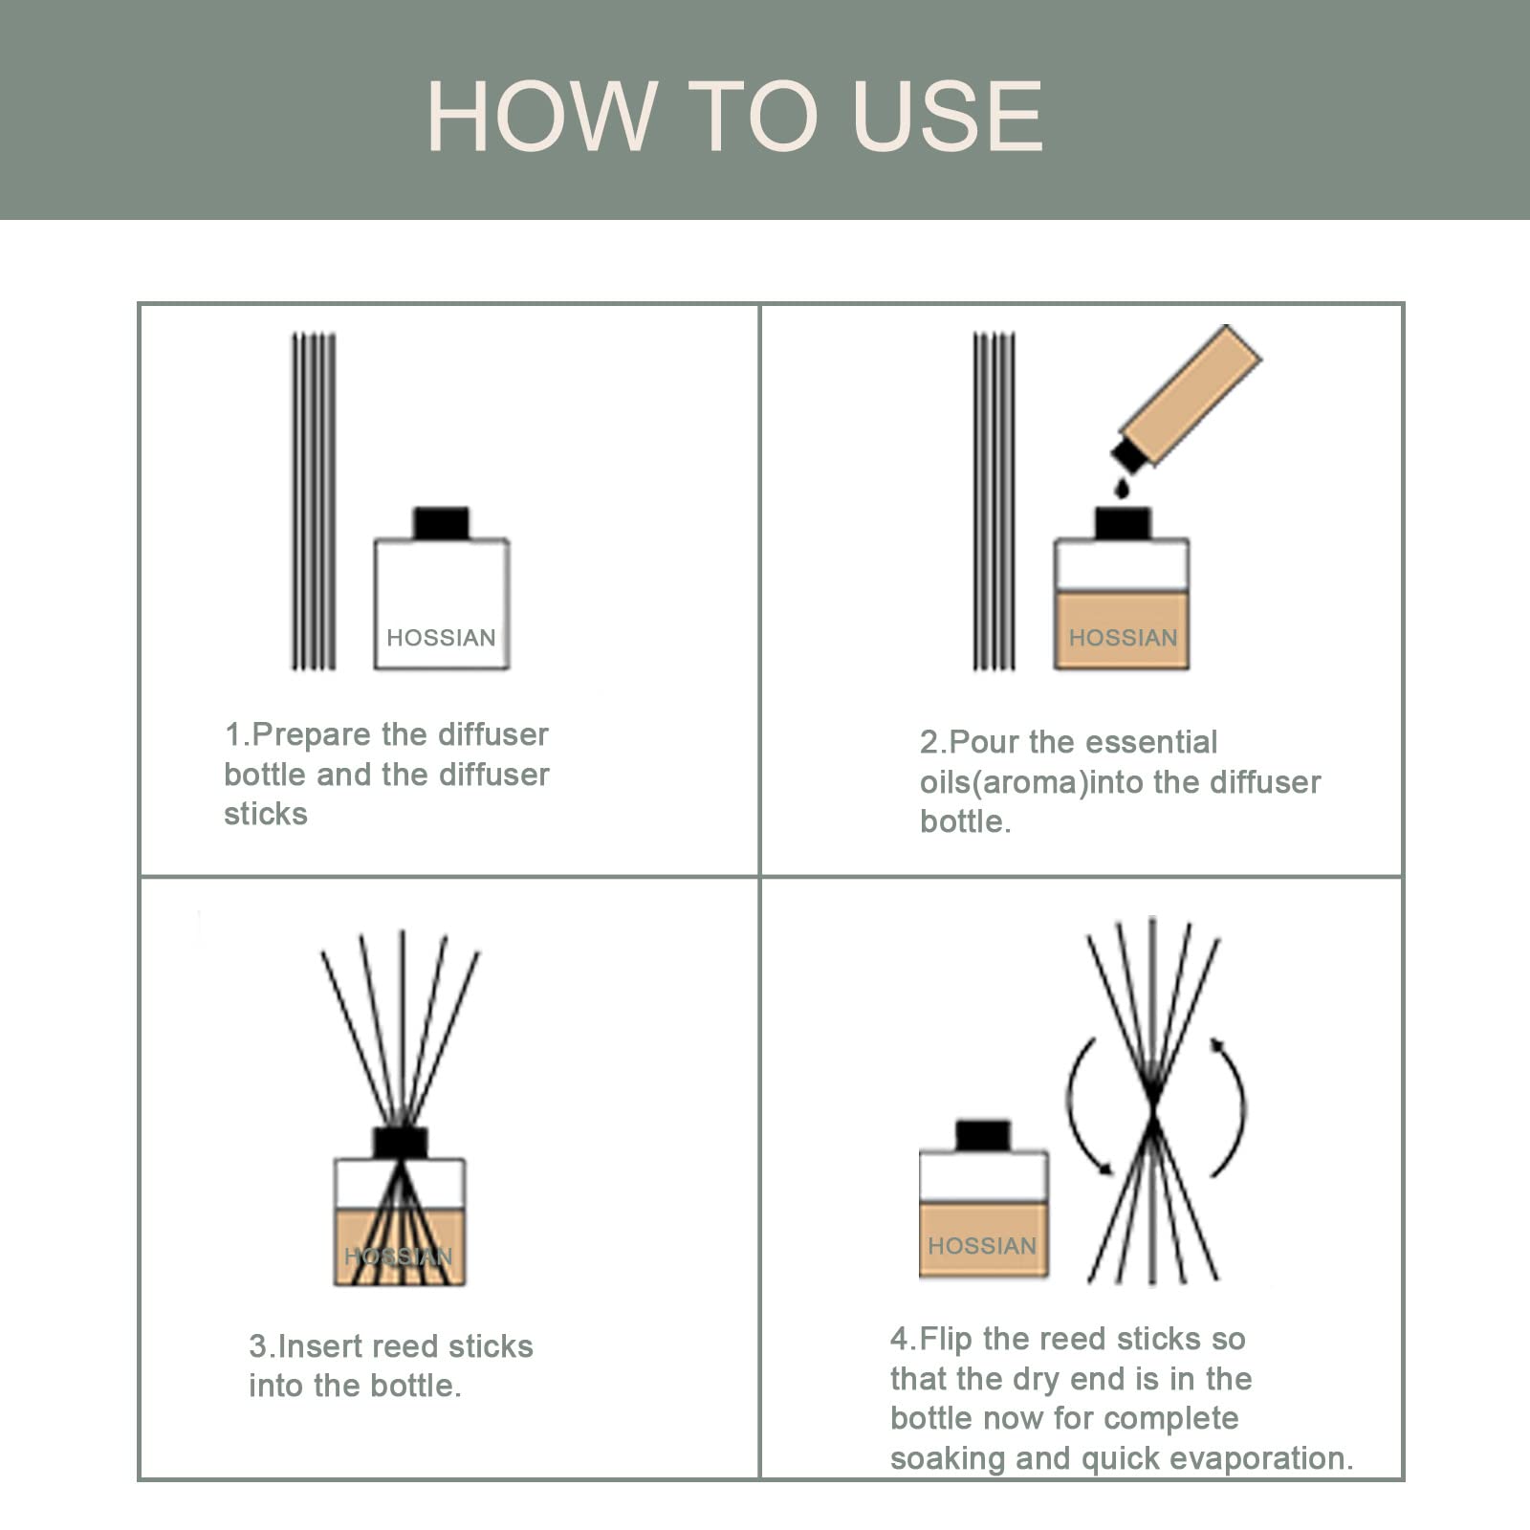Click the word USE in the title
947,116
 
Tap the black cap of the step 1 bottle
441,523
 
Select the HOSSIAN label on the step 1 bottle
441,638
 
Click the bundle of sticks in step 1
314,501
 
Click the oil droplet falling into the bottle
1122,489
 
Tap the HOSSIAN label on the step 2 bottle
1123,638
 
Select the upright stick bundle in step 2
994,501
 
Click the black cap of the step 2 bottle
1123,523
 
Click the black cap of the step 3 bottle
401,1143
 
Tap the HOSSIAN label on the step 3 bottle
399,1257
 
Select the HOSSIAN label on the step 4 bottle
982,1246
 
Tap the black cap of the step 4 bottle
983,1136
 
